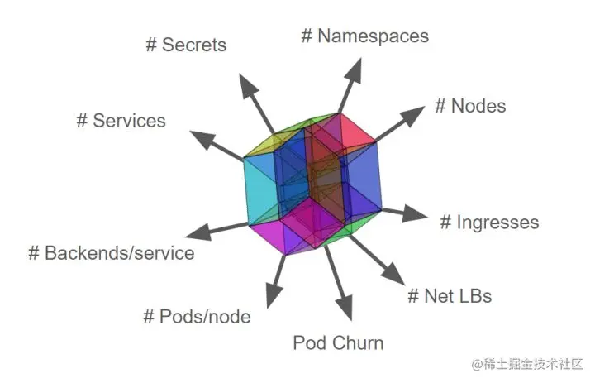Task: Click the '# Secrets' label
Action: click(186, 45)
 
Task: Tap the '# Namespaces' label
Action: click(364, 36)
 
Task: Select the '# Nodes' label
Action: click(469, 106)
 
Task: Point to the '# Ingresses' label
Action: click(488, 223)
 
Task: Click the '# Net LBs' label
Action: click(450, 294)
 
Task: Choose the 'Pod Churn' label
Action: click(338, 342)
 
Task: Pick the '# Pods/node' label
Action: click(197, 316)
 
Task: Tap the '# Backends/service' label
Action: click(112, 253)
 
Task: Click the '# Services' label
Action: click(121, 121)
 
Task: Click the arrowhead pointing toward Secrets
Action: click(245, 83)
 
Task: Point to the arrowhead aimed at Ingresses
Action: click(419, 217)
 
